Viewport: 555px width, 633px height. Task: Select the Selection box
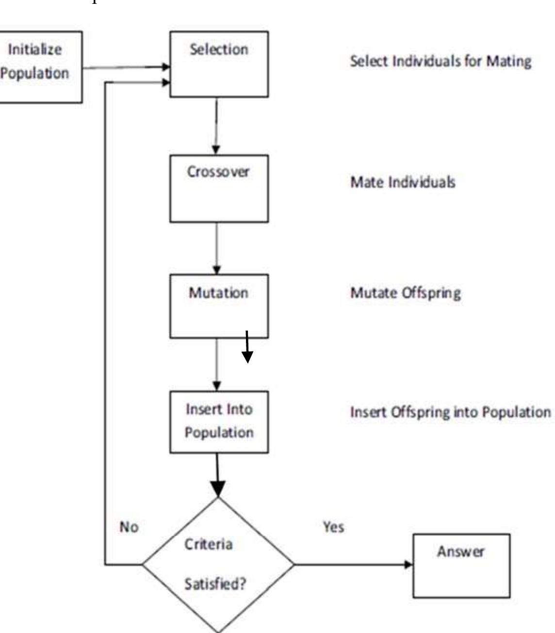(x=219, y=64)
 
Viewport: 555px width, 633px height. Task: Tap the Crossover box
(x=219, y=188)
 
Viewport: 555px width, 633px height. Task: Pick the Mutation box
(x=219, y=306)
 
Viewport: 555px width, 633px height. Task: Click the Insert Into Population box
(x=219, y=421)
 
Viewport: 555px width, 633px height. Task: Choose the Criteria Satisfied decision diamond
(x=218, y=564)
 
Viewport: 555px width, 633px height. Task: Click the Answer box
(x=461, y=566)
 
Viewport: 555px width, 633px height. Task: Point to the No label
(x=129, y=527)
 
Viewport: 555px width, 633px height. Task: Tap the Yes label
(x=333, y=527)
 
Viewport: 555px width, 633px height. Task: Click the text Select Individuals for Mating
(x=441, y=61)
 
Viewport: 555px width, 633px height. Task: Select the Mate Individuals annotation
(x=403, y=182)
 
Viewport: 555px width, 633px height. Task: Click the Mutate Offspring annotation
(x=406, y=293)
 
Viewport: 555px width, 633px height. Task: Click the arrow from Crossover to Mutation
(x=217, y=248)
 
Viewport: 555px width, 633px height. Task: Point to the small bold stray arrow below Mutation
(x=247, y=348)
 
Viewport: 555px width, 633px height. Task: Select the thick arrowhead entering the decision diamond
(x=218, y=488)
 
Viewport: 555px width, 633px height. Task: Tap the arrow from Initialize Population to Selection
(x=126, y=67)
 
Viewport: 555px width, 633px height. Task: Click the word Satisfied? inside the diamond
(x=215, y=583)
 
